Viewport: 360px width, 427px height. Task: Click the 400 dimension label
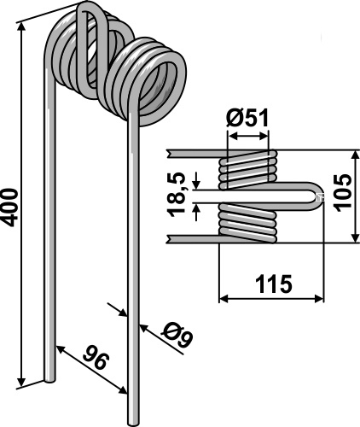tap(10, 208)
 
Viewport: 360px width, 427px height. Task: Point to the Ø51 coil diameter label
tap(247, 118)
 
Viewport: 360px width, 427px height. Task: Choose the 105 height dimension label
tap(342, 193)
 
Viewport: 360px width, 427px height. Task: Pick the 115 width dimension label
tap(273, 284)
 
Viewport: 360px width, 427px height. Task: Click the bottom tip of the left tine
tap(49, 380)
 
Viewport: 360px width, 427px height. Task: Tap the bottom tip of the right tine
tap(133, 424)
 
